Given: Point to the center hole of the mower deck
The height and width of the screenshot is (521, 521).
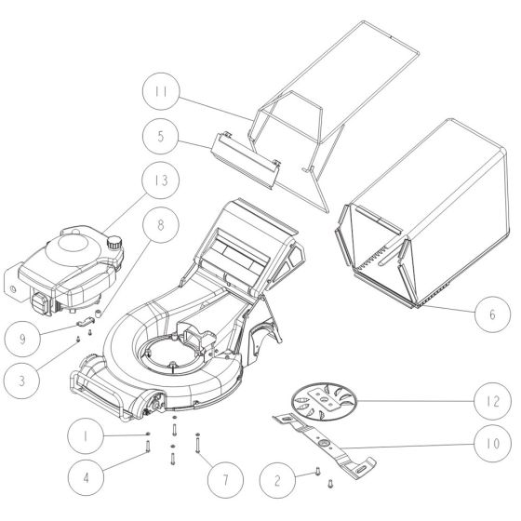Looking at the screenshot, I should pyautogui.click(x=174, y=353).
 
